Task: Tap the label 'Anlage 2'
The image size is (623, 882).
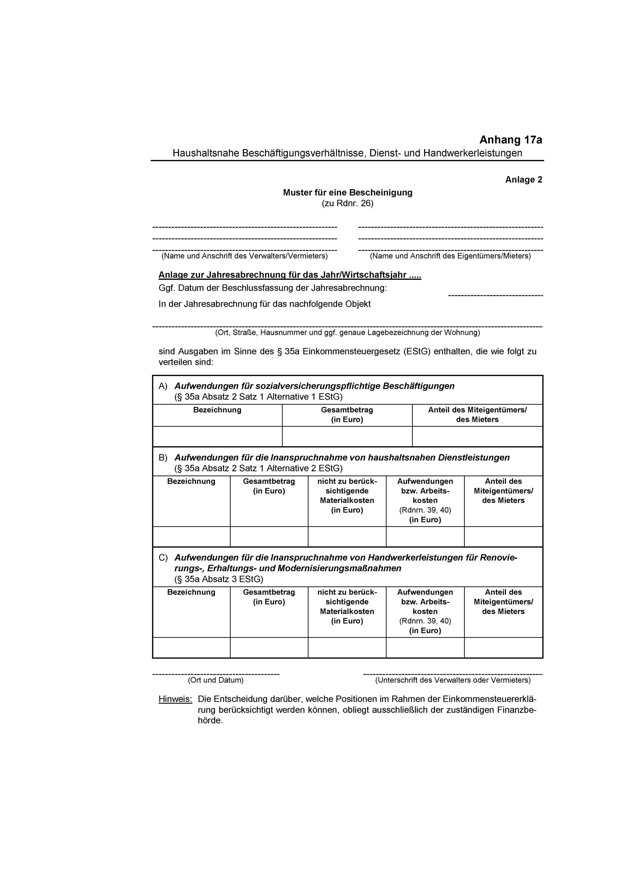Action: pyautogui.click(x=523, y=180)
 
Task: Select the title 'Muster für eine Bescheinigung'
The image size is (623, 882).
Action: pyautogui.click(x=347, y=192)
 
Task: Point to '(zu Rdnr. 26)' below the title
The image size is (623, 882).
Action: pyautogui.click(x=347, y=203)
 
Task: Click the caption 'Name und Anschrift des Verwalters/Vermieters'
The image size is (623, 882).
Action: pyautogui.click(x=244, y=256)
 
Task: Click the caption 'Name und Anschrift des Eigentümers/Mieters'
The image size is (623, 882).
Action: pyautogui.click(x=450, y=256)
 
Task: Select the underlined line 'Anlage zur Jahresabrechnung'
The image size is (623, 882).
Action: pyautogui.click(x=290, y=275)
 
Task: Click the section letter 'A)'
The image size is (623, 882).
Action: pyautogui.click(x=163, y=386)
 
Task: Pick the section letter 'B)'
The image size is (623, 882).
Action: pyautogui.click(x=163, y=458)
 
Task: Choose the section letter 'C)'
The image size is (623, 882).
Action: pyautogui.click(x=163, y=557)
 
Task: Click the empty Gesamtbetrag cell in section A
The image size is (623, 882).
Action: pyautogui.click(x=347, y=436)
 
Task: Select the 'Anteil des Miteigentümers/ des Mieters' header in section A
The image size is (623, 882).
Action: pyautogui.click(x=477, y=415)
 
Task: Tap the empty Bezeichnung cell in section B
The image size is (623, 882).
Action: pyautogui.click(x=191, y=536)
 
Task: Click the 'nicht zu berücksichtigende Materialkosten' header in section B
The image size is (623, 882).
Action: pyautogui.click(x=347, y=496)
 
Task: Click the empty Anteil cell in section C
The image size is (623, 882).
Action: pyautogui.click(x=503, y=648)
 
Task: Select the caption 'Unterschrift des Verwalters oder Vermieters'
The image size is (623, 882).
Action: pyautogui.click(x=453, y=680)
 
